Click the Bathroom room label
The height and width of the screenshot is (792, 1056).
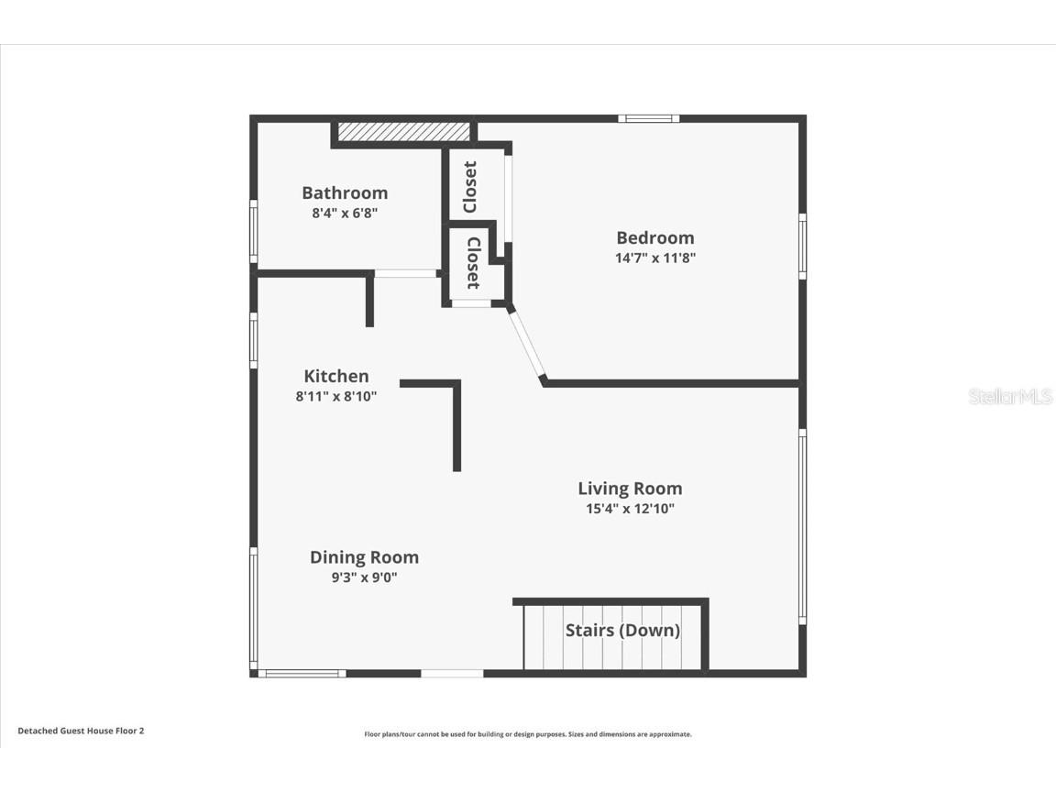[345, 192]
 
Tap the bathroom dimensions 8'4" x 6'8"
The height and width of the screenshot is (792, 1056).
[345, 213]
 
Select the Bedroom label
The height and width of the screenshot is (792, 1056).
[654, 237]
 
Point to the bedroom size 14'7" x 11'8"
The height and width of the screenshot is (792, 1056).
[654, 258]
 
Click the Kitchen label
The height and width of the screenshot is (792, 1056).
[336, 376]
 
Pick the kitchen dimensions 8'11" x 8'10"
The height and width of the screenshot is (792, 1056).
[336, 396]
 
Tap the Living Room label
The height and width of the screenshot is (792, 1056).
[630, 488]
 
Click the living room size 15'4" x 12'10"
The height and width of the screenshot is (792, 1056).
[630, 509]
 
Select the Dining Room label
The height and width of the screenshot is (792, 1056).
[364, 556]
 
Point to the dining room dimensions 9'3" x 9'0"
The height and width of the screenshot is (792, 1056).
[364, 577]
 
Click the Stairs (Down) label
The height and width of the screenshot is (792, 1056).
[622, 630]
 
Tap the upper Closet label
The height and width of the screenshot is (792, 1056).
[470, 187]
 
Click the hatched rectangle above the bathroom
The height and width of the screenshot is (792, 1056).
[403, 132]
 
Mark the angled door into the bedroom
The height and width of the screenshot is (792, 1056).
[527, 344]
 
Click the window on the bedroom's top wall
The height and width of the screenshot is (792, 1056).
[648, 118]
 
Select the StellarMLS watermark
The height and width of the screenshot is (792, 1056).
[1011, 396]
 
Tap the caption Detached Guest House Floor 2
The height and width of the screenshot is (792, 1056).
[81, 731]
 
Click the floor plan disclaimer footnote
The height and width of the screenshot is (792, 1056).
[528, 734]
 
